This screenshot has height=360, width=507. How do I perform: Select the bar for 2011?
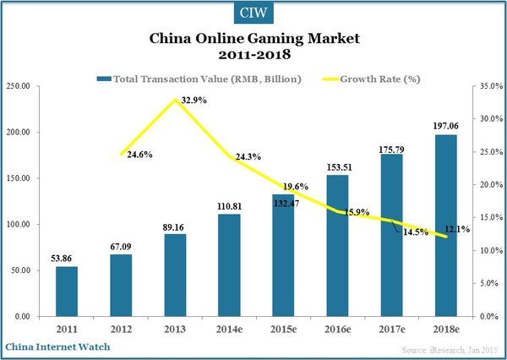[68, 292]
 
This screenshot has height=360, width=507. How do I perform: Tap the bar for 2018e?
[445, 226]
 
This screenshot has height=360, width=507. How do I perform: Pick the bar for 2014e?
[229, 265]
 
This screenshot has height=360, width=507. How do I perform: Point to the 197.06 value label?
[445, 125]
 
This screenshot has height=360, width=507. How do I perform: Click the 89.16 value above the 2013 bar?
[175, 226]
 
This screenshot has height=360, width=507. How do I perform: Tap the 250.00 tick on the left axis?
[19, 86]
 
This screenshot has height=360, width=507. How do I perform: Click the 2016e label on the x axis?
[337, 327]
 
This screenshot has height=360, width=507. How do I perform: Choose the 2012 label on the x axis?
[122, 327]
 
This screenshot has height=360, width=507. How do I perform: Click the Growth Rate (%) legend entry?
[373, 79]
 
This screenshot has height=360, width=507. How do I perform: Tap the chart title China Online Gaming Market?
[253, 39]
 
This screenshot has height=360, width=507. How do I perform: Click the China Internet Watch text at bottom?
[57, 346]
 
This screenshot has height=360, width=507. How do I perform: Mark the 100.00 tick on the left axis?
[19, 224]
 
